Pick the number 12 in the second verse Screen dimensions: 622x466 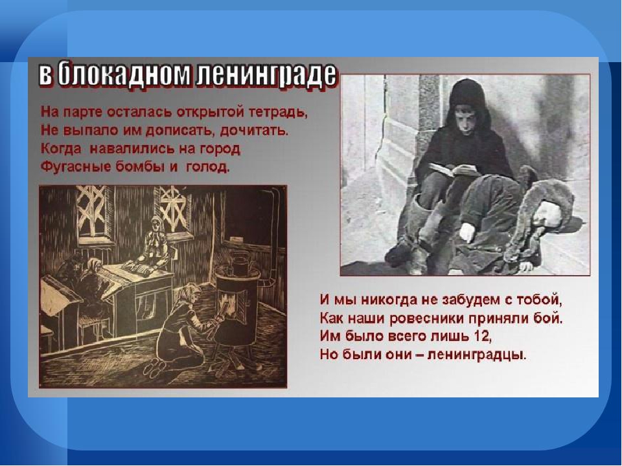pyautogui.click(x=482, y=336)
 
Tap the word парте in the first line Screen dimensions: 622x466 pyautogui.click(x=82, y=113)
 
